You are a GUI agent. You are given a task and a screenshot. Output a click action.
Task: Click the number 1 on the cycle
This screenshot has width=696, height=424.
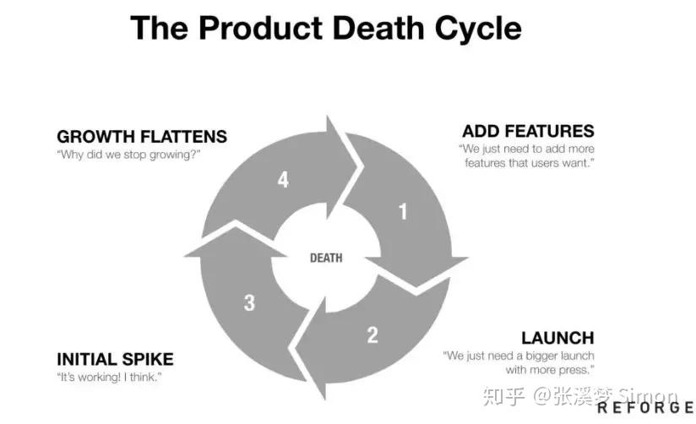(x=403, y=210)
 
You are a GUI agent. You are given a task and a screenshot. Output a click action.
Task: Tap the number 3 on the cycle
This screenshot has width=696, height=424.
(x=249, y=302)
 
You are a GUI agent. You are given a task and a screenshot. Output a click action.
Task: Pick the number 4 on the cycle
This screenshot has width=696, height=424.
(x=282, y=180)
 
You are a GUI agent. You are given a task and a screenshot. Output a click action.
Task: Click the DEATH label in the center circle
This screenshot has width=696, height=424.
(x=326, y=258)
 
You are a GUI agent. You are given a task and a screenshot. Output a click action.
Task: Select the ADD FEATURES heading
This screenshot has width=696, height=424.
(x=528, y=131)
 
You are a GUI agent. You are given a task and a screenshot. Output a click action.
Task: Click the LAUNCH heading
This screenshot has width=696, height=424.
(x=557, y=338)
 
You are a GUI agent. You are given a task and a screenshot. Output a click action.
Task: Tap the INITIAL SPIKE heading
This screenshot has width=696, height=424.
(x=115, y=358)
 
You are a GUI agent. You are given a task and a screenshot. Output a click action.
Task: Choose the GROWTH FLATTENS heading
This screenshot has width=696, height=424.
(x=142, y=136)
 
